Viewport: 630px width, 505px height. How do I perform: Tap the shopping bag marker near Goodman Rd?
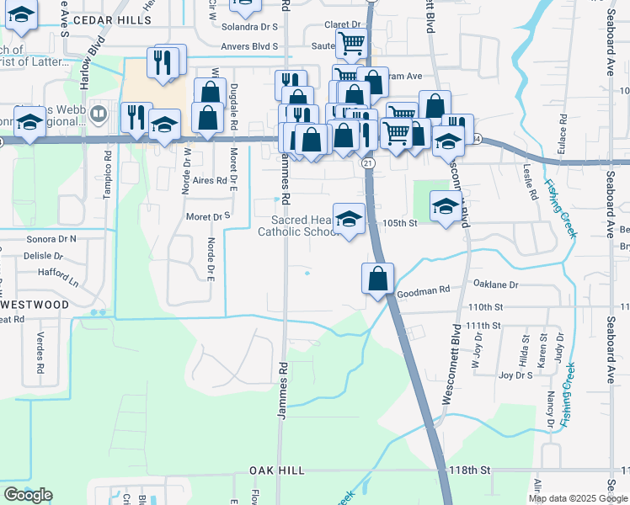click(378, 279)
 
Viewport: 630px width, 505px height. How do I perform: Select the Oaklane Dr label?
click(495, 284)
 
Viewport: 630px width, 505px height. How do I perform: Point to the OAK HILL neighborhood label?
click(275, 470)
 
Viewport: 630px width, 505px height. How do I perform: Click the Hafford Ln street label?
click(57, 273)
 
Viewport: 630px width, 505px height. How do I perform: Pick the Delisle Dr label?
click(45, 255)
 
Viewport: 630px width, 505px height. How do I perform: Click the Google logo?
click(28, 495)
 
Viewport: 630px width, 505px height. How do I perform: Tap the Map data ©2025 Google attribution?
click(578, 498)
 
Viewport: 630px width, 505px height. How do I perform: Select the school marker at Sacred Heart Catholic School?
click(349, 220)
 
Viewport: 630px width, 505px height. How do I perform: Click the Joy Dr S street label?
click(515, 375)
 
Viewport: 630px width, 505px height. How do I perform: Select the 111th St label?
click(484, 326)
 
